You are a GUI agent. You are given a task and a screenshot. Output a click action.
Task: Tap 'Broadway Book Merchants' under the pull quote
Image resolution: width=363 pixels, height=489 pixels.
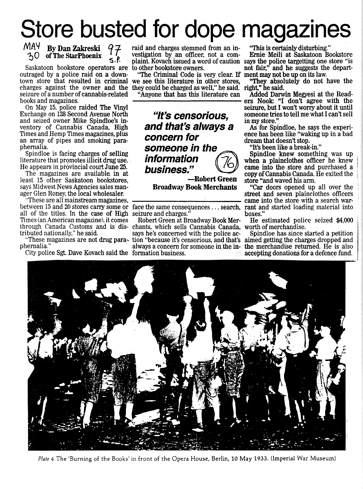click(195, 187)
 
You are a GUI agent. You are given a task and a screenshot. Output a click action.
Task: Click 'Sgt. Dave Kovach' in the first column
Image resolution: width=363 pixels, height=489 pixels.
click(80, 253)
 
